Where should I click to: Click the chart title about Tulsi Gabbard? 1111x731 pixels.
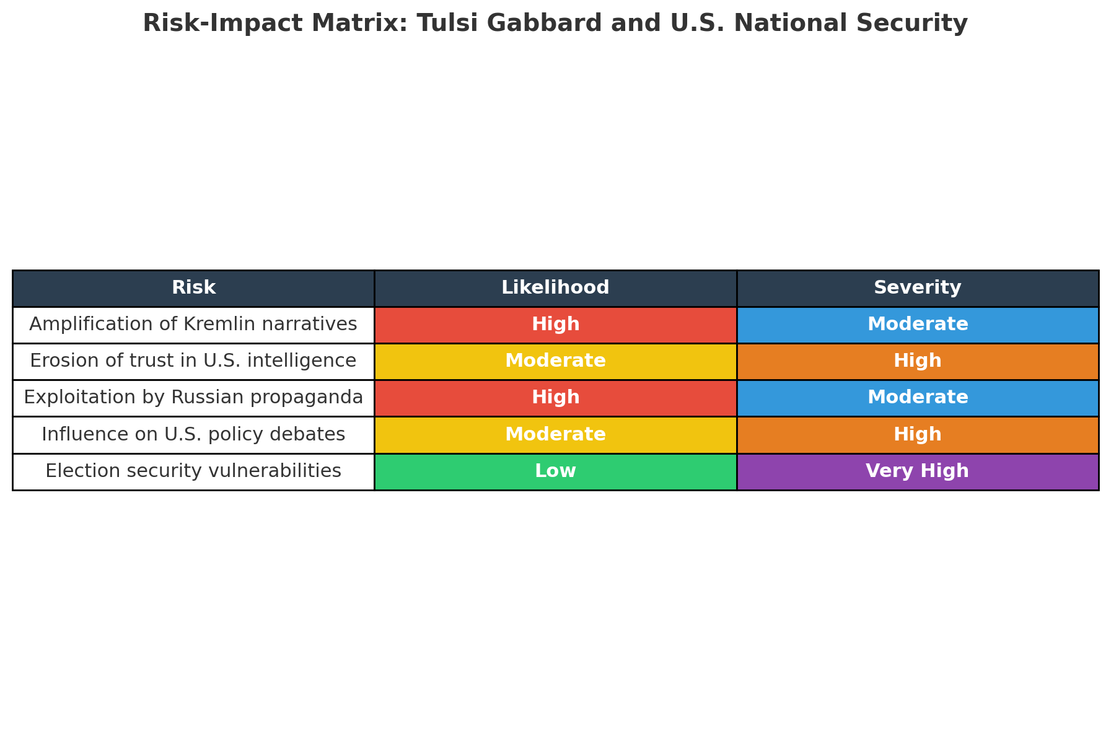click(555, 24)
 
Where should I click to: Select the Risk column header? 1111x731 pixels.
click(193, 288)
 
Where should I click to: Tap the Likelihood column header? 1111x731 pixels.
click(555, 288)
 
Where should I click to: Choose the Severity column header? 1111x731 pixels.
click(918, 288)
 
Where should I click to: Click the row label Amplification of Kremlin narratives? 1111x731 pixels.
click(193, 324)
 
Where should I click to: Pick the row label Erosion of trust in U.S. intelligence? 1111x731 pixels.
click(193, 361)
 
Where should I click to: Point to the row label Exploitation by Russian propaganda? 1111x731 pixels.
click(193, 398)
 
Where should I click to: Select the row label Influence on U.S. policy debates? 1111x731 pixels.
click(193, 434)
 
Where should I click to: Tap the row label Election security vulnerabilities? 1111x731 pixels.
click(193, 471)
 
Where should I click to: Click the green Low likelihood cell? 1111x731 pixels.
click(555, 471)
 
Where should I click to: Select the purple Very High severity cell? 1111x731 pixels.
click(918, 471)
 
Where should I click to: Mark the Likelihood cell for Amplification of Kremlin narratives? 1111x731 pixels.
click(555, 325)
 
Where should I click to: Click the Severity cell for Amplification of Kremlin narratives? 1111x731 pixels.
click(918, 325)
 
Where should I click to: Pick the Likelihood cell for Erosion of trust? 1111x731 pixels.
click(555, 361)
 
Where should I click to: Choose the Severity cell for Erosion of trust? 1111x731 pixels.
click(918, 361)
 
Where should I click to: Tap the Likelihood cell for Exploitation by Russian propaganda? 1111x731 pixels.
click(555, 398)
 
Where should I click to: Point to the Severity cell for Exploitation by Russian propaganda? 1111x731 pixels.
click(918, 398)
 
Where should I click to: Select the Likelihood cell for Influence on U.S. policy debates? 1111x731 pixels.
click(555, 435)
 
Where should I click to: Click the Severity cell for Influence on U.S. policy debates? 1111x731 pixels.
click(918, 435)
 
